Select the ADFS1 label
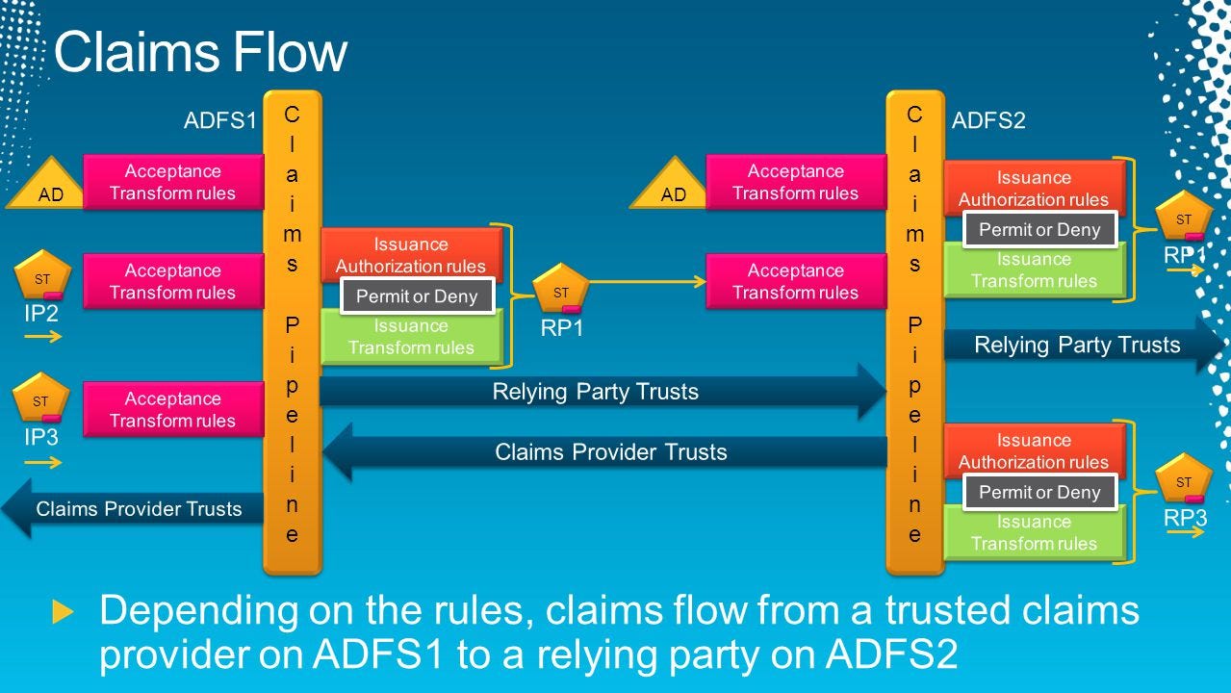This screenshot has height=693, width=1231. pyautogui.click(x=220, y=120)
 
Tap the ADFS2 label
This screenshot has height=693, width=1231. pyautogui.click(x=988, y=120)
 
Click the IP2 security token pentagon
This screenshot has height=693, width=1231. pyautogui.click(x=41, y=277)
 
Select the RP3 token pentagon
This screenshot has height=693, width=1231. pyautogui.click(x=1183, y=480)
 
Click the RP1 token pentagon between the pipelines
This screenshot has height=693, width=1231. pyautogui.click(x=560, y=290)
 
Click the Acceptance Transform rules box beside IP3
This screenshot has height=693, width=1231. pyautogui.click(x=173, y=409)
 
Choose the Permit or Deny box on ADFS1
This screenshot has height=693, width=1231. pyautogui.click(x=417, y=296)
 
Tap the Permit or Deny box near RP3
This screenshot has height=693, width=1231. pyautogui.click(x=1039, y=492)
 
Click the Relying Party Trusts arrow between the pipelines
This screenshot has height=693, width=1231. pyautogui.click(x=597, y=392)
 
